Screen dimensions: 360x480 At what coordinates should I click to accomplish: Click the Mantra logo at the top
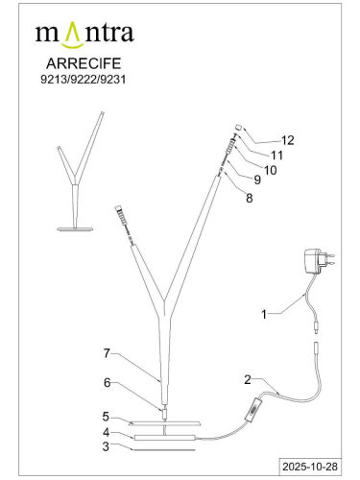click(x=84, y=35)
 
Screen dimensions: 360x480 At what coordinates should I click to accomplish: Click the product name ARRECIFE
click(x=84, y=63)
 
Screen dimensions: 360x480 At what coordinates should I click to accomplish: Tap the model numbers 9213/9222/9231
click(x=84, y=79)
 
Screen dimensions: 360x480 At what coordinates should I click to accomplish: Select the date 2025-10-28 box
click(x=310, y=467)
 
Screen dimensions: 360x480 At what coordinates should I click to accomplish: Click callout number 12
click(x=288, y=140)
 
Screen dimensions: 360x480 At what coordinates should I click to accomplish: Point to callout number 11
click(x=277, y=156)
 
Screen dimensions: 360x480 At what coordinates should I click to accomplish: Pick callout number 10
click(x=270, y=170)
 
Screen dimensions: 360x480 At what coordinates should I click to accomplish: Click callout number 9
click(x=257, y=180)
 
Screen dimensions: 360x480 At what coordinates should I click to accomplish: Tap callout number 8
click(x=250, y=198)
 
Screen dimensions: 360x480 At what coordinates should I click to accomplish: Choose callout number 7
click(x=107, y=353)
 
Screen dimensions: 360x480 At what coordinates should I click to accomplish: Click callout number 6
click(x=108, y=382)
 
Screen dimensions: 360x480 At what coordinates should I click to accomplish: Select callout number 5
click(x=106, y=417)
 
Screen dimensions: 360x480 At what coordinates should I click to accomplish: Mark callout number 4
click(x=106, y=432)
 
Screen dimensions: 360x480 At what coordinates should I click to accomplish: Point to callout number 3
click(x=106, y=446)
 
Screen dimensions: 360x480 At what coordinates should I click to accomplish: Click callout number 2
click(x=248, y=380)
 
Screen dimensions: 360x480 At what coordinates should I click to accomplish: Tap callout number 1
click(x=264, y=314)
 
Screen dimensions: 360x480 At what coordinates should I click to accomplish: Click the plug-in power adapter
click(x=319, y=261)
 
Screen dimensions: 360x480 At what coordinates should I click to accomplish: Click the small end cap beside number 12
click(x=238, y=128)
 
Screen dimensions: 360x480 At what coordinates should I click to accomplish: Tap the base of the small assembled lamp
click(x=75, y=229)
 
